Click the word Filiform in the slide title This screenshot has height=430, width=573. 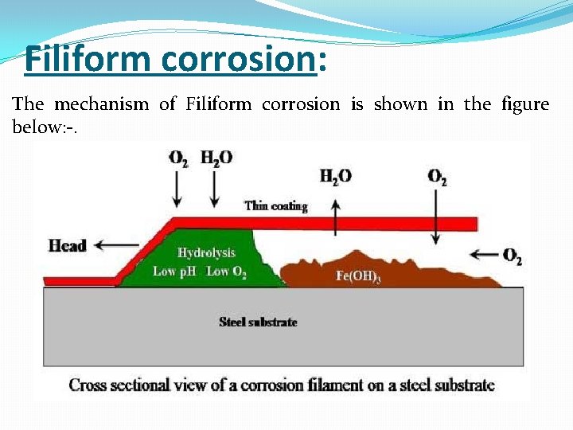click(76, 59)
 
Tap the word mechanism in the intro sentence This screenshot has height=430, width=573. click(102, 104)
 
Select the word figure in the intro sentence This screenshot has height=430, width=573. click(525, 104)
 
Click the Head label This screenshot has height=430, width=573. click(67, 245)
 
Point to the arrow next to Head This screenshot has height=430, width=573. click(108, 245)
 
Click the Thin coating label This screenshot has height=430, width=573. click(275, 206)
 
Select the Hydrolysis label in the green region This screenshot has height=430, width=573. click(206, 252)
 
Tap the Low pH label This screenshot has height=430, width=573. click(175, 272)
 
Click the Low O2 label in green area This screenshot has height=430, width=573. click(228, 272)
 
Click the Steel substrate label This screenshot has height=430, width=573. click(258, 322)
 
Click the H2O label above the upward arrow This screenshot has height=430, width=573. click(335, 177)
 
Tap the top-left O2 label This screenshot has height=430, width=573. click(178, 158)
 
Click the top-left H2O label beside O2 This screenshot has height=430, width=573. click(216, 158)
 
